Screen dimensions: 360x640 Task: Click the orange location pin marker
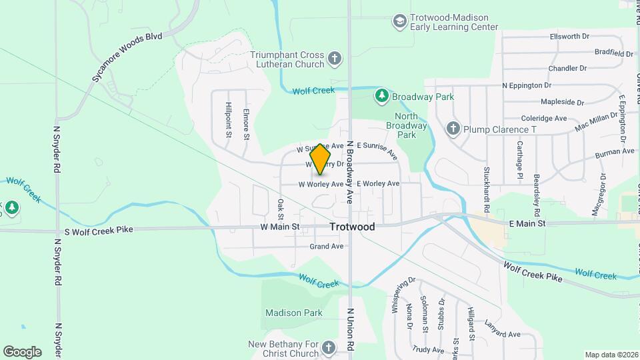coord(321,159)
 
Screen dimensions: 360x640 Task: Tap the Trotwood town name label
coord(352,227)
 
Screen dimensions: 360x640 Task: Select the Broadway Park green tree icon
coord(381,97)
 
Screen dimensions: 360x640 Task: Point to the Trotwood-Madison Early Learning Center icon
coord(400,22)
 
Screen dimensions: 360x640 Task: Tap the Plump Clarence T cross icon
coord(453,129)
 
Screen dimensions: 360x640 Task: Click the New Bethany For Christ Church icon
coord(328,348)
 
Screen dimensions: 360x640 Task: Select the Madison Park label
coord(293,313)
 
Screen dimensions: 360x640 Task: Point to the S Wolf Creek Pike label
coord(99,230)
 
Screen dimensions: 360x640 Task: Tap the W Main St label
coord(280,227)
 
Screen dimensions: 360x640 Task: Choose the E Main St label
coord(527,224)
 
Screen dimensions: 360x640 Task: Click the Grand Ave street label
coord(327,246)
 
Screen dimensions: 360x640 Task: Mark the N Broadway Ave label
coord(349,175)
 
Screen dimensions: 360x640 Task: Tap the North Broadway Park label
coord(406,125)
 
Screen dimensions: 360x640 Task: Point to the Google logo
coord(22,351)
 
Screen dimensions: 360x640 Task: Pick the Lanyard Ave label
coord(503,334)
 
